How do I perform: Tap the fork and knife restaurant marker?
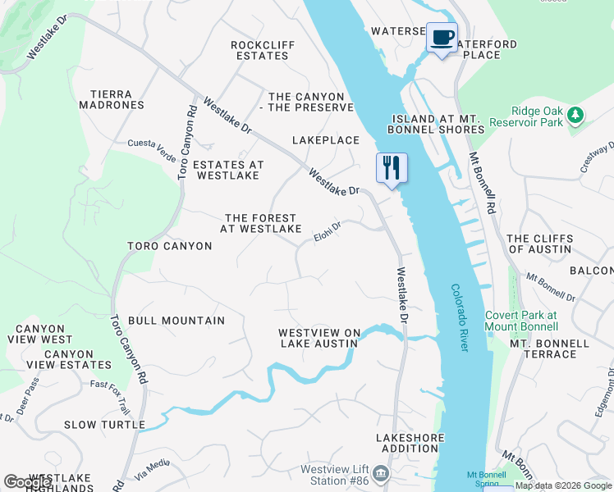click(392, 168)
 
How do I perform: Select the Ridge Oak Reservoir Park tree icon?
click(576, 115)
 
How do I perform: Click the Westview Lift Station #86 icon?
click(381, 473)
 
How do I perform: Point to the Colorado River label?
click(460, 318)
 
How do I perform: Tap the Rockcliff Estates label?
click(261, 50)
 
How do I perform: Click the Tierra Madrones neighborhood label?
click(112, 99)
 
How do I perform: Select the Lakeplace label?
click(326, 140)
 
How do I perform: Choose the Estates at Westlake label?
click(228, 170)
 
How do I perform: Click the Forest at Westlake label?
click(261, 223)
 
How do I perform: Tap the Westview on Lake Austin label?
click(319, 338)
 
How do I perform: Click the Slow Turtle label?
click(105, 425)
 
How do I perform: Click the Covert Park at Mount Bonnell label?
click(521, 320)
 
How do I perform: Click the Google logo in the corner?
click(28, 482)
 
